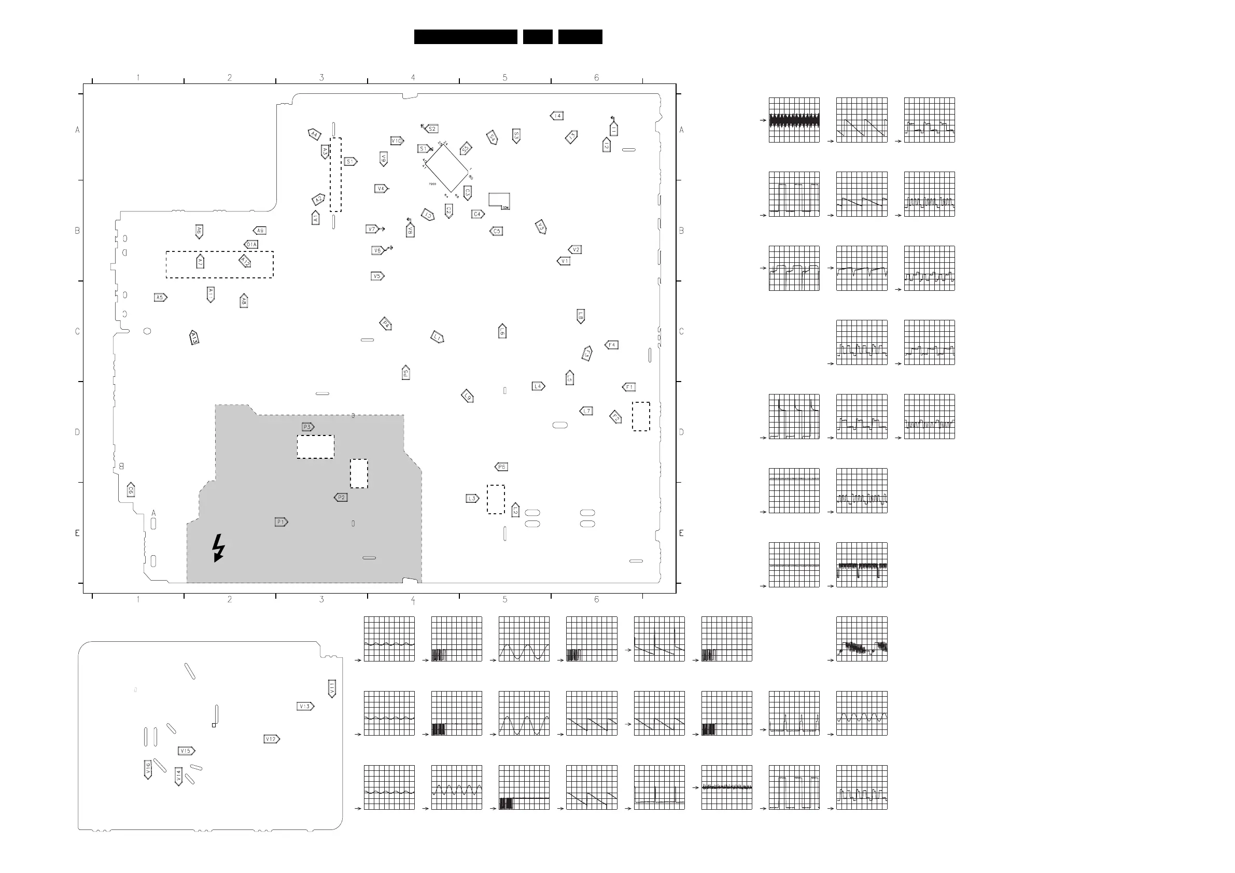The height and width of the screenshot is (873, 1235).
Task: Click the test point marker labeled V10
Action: coord(397,141)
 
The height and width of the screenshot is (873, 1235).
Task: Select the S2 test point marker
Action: coord(431,129)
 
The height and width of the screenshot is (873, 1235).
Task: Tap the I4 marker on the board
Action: coord(557,116)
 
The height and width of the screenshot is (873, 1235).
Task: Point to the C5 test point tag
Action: coord(496,231)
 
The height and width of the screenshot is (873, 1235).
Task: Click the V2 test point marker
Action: coord(575,249)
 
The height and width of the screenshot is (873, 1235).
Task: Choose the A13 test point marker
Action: coord(194,337)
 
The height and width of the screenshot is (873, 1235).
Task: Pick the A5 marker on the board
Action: coord(160,298)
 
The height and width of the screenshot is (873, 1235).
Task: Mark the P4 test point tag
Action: coord(385,324)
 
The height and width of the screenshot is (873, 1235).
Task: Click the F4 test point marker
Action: coord(612,345)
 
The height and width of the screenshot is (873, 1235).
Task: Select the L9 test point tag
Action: coord(468,397)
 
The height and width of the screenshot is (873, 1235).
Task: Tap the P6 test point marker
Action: coord(501,467)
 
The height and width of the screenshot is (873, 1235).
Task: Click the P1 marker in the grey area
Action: coord(281,522)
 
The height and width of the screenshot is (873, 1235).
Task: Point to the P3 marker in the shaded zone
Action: coord(307,427)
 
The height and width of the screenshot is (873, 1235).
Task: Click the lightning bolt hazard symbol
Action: coord(218,547)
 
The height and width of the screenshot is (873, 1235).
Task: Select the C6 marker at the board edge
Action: coord(131,490)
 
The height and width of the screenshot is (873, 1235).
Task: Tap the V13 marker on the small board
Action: coord(305,706)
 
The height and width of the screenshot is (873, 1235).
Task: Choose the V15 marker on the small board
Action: coord(186,751)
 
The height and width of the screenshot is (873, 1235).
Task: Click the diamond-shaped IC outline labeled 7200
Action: coord(446,167)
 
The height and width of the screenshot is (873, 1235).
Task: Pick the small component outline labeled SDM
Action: coord(499,201)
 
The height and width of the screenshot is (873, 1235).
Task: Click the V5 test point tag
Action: coord(377,276)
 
